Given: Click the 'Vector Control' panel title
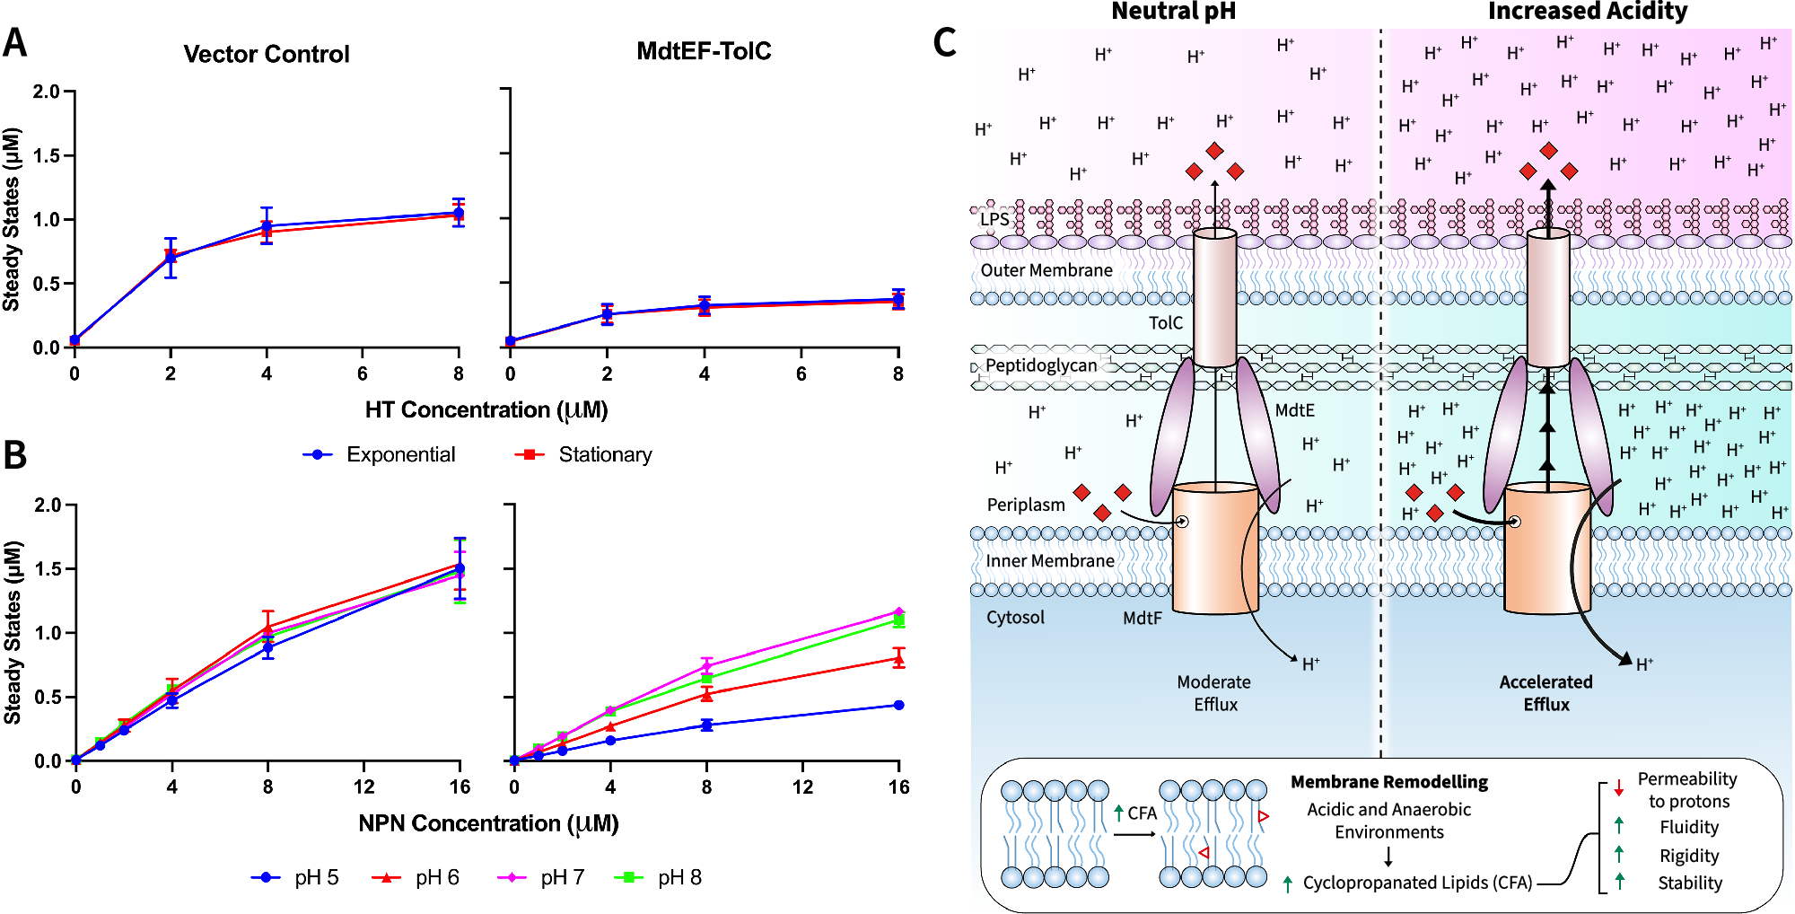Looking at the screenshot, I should point(266,54).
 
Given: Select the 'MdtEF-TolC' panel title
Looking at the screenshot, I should point(704,51).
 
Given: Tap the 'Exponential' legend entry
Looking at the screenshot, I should point(399,454).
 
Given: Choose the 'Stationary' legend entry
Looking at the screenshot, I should point(604,454).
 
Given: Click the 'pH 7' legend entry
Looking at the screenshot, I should point(561,877).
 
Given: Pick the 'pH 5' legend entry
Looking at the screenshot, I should point(315,877).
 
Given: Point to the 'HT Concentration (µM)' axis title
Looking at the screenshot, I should point(486,410).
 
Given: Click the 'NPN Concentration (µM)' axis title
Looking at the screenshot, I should point(488,823).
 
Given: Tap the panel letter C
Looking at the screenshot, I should point(944,42).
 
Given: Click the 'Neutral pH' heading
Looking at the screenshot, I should point(1173,12).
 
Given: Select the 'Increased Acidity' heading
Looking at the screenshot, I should point(1587,12).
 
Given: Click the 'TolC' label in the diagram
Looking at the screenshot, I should point(1165,323).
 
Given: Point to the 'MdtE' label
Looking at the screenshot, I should point(1294,410).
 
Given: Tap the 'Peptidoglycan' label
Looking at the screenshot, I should point(1041,365).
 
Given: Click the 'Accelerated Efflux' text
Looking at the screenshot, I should point(1545,693).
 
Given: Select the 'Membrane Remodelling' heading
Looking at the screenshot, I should point(1388,782).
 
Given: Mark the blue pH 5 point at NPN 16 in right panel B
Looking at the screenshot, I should point(898,705).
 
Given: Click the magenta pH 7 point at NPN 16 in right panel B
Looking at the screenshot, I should point(898,612).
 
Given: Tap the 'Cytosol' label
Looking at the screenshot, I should point(1015,618).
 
